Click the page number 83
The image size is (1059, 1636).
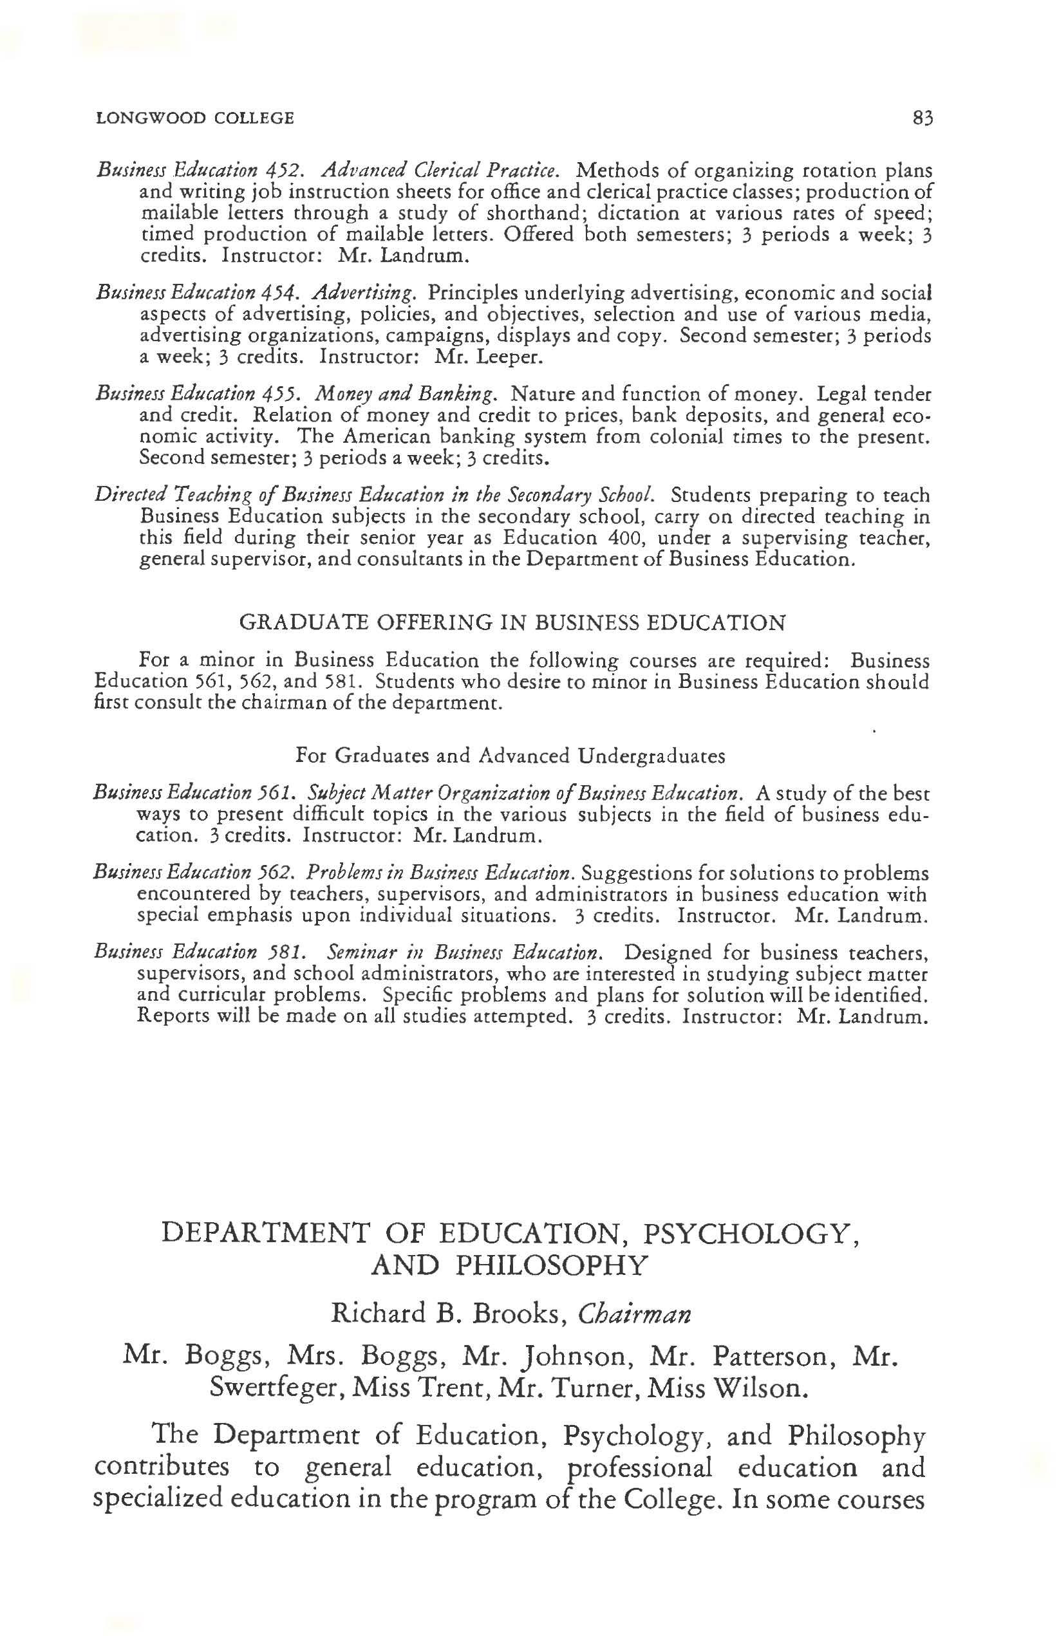pyautogui.click(x=921, y=118)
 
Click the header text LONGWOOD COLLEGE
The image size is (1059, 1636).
pyautogui.click(x=195, y=118)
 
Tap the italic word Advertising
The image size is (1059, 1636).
pyautogui.click(x=364, y=293)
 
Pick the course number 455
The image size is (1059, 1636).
pyautogui.click(x=281, y=395)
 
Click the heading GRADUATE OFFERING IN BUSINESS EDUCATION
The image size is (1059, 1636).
pyautogui.click(x=512, y=623)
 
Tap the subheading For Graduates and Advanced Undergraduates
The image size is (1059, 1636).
pyautogui.click(x=511, y=756)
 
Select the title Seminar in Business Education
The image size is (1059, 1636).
pyautogui.click(x=465, y=953)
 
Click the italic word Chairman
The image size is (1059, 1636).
pyautogui.click(x=634, y=1315)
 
